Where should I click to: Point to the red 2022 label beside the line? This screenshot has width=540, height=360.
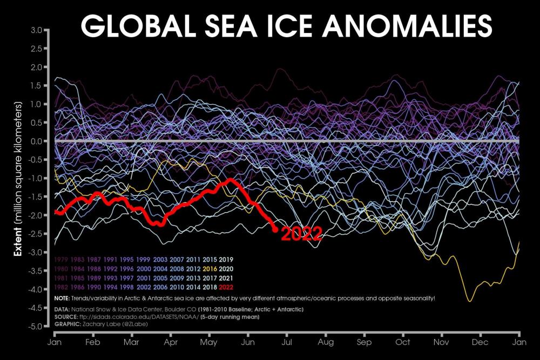pyautogui.click(x=302, y=234)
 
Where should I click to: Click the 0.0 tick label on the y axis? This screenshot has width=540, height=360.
pyautogui.click(x=37, y=141)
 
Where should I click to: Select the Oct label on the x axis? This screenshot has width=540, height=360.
pyautogui.click(x=403, y=342)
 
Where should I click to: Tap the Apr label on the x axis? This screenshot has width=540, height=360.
pyautogui.click(x=171, y=342)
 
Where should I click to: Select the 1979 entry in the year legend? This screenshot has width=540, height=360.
pyautogui.click(x=63, y=260)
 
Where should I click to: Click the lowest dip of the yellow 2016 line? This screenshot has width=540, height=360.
pyautogui.click(x=470, y=301)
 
